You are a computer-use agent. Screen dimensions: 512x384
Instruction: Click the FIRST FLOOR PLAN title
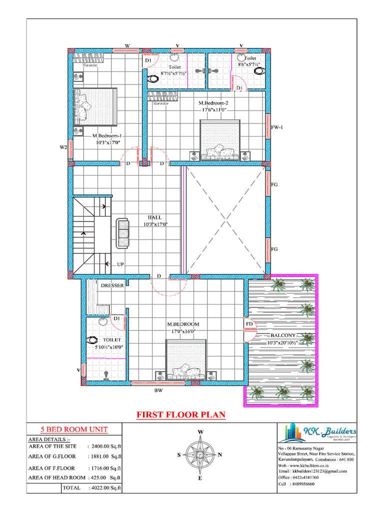click(x=181, y=415)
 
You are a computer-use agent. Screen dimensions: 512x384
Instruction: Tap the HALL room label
click(x=153, y=217)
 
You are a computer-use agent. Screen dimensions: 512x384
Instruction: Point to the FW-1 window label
click(x=277, y=127)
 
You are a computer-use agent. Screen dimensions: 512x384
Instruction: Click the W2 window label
click(x=63, y=147)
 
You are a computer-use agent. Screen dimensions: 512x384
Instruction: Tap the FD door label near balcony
click(x=249, y=324)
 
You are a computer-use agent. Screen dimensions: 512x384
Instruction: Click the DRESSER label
click(x=112, y=285)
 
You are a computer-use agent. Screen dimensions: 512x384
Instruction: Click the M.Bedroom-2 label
click(x=214, y=103)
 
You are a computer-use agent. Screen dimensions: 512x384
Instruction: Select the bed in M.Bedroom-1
click(x=95, y=106)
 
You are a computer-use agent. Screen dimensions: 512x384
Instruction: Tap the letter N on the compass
click(x=220, y=454)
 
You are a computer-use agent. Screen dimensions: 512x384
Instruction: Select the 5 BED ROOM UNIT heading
click(x=74, y=429)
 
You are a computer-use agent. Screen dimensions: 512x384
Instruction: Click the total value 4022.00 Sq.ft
click(x=105, y=487)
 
